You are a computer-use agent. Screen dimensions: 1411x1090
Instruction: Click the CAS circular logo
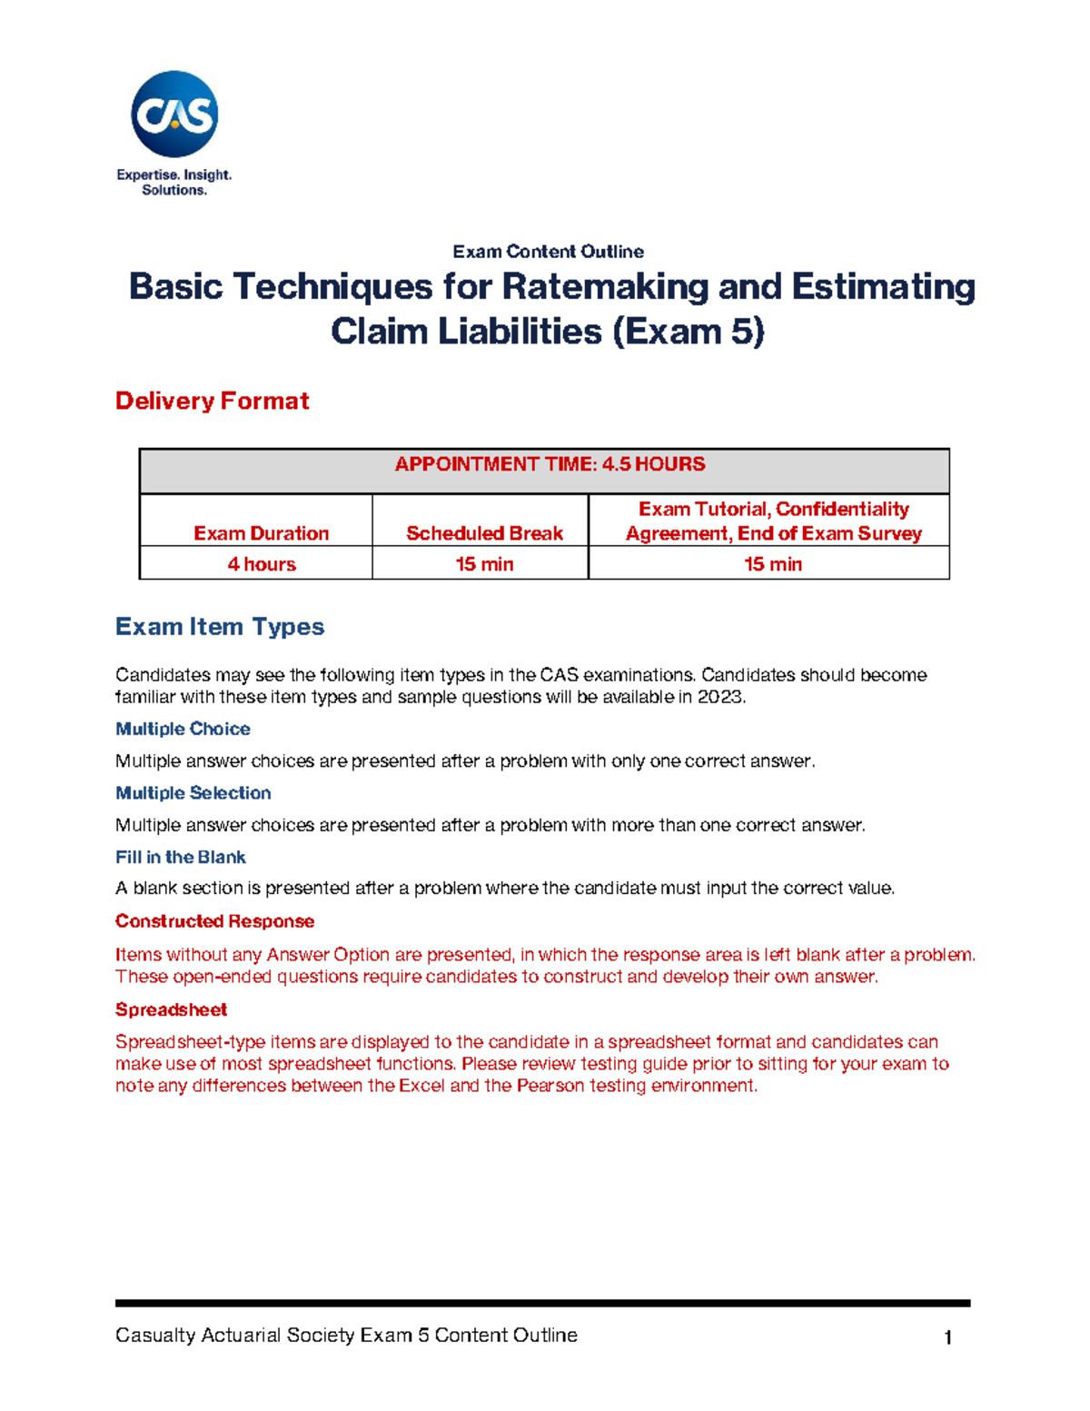tap(174, 114)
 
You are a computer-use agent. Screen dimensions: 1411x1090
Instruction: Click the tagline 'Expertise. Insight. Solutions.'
tap(173, 182)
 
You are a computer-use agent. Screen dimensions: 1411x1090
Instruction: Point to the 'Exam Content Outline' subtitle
tap(548, 252)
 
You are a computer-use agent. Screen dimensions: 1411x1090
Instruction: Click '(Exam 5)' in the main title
tap(688, 331)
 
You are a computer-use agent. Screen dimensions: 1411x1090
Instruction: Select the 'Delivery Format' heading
tap(212, 401)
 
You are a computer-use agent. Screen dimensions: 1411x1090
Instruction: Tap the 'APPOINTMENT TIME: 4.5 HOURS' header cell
tap(549, 464)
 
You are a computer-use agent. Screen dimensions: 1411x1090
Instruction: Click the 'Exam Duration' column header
tap(261, 533)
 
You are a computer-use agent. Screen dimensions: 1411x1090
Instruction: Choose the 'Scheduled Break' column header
tap(484, 533)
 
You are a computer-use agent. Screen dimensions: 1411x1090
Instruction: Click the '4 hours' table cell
tap(261, 564)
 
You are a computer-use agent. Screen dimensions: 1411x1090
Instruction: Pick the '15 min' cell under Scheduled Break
tap(484, 564)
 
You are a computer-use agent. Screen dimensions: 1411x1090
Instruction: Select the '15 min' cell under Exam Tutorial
tap(772, 564)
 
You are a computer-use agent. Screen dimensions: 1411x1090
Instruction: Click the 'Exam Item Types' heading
tap(219, 627)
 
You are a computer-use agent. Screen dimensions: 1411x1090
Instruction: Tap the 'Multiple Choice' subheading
tap(183, 729)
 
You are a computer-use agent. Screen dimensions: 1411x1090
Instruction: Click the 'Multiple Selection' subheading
tap(193, 793)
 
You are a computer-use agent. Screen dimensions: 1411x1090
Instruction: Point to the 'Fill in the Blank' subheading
tap(180, 857)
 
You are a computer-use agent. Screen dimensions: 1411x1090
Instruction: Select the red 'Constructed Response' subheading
tap(214, 921)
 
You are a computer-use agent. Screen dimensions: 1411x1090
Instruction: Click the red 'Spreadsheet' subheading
tap(171, 1009)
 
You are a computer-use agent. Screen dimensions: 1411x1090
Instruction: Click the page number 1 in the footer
tap(947, 1337)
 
